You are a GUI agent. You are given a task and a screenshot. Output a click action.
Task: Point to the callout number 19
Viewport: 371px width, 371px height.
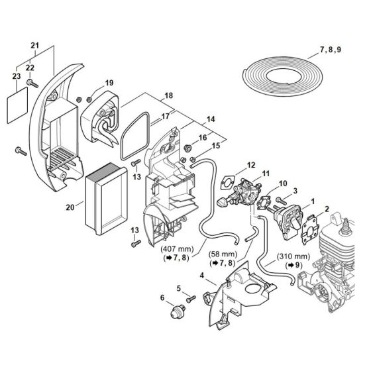coord(109,83)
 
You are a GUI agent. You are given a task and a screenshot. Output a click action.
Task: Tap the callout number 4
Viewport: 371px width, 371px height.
coord(201,274)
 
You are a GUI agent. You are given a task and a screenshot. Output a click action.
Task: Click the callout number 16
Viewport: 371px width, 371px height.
coord(203,137)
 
